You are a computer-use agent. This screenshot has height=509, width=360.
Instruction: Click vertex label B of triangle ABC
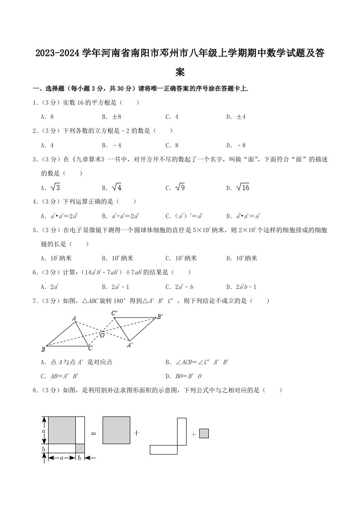point(43,349)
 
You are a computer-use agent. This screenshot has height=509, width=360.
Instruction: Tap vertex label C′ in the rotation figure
point(114,313)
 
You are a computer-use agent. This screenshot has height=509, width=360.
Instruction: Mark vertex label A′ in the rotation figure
point(130,345)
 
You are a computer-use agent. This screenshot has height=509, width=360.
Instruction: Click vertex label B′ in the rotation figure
point(159,317)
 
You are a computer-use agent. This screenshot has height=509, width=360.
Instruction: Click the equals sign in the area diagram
point(94,433)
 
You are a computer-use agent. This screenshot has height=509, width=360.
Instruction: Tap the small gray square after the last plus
point(204,434)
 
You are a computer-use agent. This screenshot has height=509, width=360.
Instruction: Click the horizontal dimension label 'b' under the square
point(80,458)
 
